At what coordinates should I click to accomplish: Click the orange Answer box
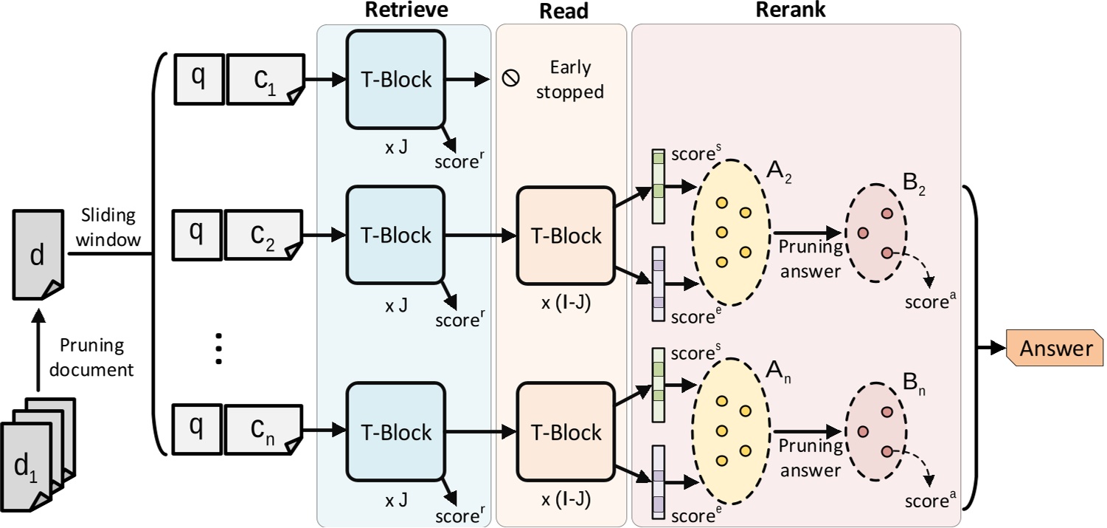point(1055,348)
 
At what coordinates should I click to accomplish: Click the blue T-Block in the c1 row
point(395,79)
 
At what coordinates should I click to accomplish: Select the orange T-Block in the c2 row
point(566,236)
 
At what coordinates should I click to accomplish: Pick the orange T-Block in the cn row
point(566,431)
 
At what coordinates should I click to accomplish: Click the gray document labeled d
point(38,255)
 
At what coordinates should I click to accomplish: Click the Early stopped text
point(570,80)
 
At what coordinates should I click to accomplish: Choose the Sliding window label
point(108,226)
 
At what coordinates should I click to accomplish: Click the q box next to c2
point(197,236)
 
